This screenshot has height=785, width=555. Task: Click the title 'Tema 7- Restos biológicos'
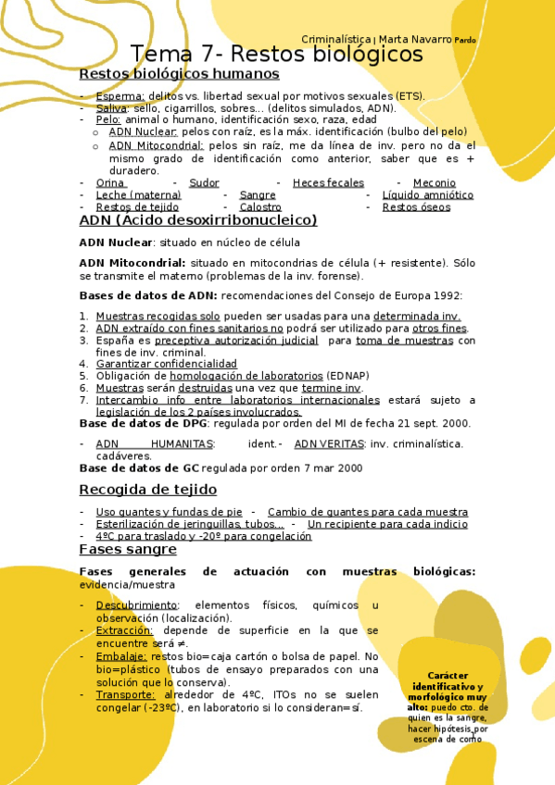276,55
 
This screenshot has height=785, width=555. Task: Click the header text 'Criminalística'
335,39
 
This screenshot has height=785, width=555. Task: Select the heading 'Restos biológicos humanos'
179,73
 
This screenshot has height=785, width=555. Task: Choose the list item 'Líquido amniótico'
427,195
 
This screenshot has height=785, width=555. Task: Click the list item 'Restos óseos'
416,207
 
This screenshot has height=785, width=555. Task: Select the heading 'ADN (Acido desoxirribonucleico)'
198,220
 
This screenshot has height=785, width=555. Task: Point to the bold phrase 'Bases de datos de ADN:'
149,295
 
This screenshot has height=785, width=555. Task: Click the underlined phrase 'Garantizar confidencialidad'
166,364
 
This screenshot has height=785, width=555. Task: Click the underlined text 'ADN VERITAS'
329,444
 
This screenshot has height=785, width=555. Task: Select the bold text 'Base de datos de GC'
139,468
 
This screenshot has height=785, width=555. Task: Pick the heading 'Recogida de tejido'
148,489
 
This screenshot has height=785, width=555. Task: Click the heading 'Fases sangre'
128,549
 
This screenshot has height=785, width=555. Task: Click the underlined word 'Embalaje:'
121,656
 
